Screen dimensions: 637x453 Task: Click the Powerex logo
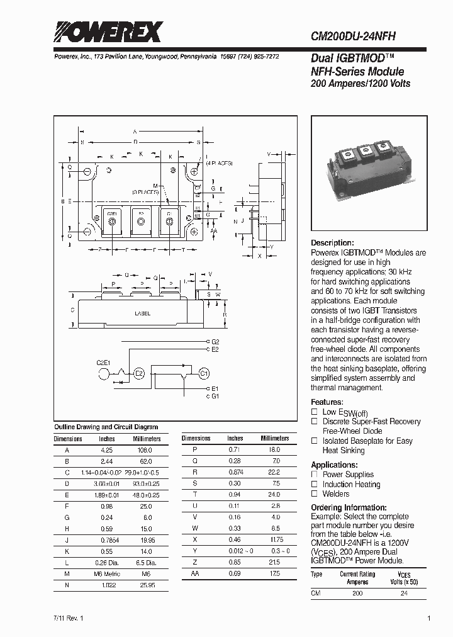[x=107, y=31]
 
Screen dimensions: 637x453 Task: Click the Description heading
[x=332, y=243]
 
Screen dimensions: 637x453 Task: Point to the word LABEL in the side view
[x=142, y=313]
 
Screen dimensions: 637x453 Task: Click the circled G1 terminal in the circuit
[x=203, y=373]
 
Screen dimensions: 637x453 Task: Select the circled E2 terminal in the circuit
[x=139, y=373]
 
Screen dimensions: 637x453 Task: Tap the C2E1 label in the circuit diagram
[x=103, y=363]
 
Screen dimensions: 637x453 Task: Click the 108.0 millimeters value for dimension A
[x=143, y=451]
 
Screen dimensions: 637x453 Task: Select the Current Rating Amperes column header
[x=357, y=577]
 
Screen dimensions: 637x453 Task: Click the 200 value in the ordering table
[x=357, y=594]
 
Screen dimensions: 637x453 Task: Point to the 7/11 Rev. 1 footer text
[x=69, y=619]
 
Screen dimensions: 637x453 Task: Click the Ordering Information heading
[x=349, y=507]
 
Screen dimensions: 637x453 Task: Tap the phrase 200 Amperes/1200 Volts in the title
[x=361, y=84]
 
